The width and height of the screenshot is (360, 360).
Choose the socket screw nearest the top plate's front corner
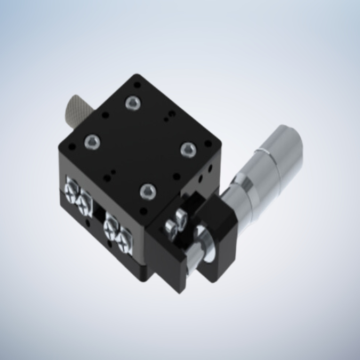coord(148,191)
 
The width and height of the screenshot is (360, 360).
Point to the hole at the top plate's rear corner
coord(138,84)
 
